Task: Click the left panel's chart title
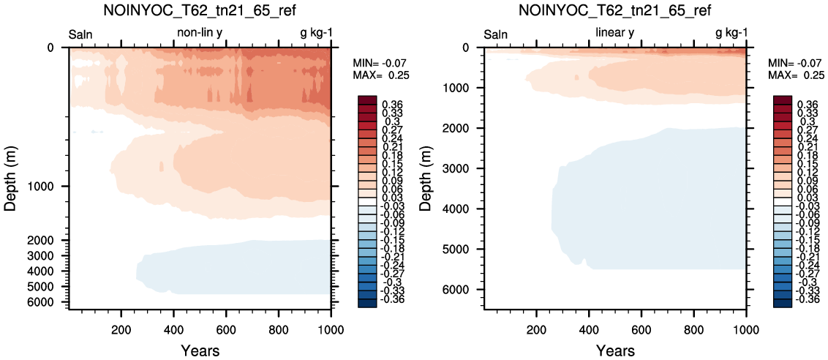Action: click(200, 10)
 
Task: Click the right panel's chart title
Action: click(614, 10)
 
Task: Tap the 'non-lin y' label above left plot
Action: click(200, 33)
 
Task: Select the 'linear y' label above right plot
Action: click(614, 33)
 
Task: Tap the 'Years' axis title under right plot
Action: click(614, 350)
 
